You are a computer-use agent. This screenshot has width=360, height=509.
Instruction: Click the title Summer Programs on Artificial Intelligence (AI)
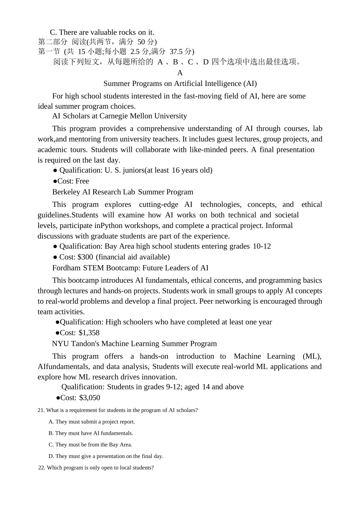point(180,83)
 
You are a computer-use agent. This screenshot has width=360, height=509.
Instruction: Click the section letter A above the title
point(180,73)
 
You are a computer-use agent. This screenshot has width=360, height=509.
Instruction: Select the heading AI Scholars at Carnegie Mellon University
point(119,116)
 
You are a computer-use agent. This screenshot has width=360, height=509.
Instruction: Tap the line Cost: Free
point(71,181)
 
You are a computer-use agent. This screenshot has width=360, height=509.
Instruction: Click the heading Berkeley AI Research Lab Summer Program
point(122,192)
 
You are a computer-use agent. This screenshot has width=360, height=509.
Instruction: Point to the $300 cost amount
point(85,257)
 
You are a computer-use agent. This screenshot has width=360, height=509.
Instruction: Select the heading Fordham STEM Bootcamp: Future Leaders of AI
point(130,268)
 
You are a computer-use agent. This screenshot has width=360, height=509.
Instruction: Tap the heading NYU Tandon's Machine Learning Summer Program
point(134,343)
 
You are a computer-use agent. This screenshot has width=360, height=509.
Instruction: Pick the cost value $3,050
point(89,398)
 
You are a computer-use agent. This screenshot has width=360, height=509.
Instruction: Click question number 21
point(41,410)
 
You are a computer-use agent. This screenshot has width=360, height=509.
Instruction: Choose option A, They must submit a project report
point(92,422)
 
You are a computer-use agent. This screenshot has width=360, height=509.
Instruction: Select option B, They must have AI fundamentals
point(91,433)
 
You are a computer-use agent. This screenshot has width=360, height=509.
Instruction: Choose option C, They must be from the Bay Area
point(90,445)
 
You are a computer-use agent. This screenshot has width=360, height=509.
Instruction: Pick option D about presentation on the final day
point(106,456)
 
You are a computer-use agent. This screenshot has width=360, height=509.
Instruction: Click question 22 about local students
point(96,468)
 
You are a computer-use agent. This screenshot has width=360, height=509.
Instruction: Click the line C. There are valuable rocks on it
point(102,32)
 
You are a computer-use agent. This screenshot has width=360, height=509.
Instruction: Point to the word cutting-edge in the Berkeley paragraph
point(158,205)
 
